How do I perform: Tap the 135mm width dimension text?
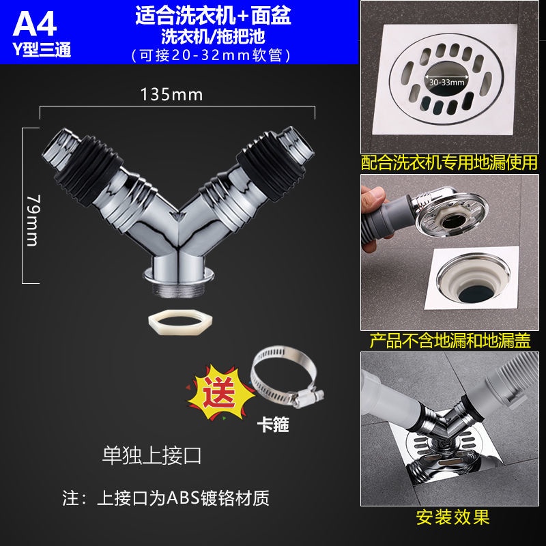coord(171,95)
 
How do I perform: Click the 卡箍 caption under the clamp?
coord(273,426)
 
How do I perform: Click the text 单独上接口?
coord(152,456)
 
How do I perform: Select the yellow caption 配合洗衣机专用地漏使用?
coord(450,162)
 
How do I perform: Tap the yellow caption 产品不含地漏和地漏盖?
coord(450,340)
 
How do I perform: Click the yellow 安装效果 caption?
coord(453,517)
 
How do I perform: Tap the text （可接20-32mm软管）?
coord(214,53)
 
